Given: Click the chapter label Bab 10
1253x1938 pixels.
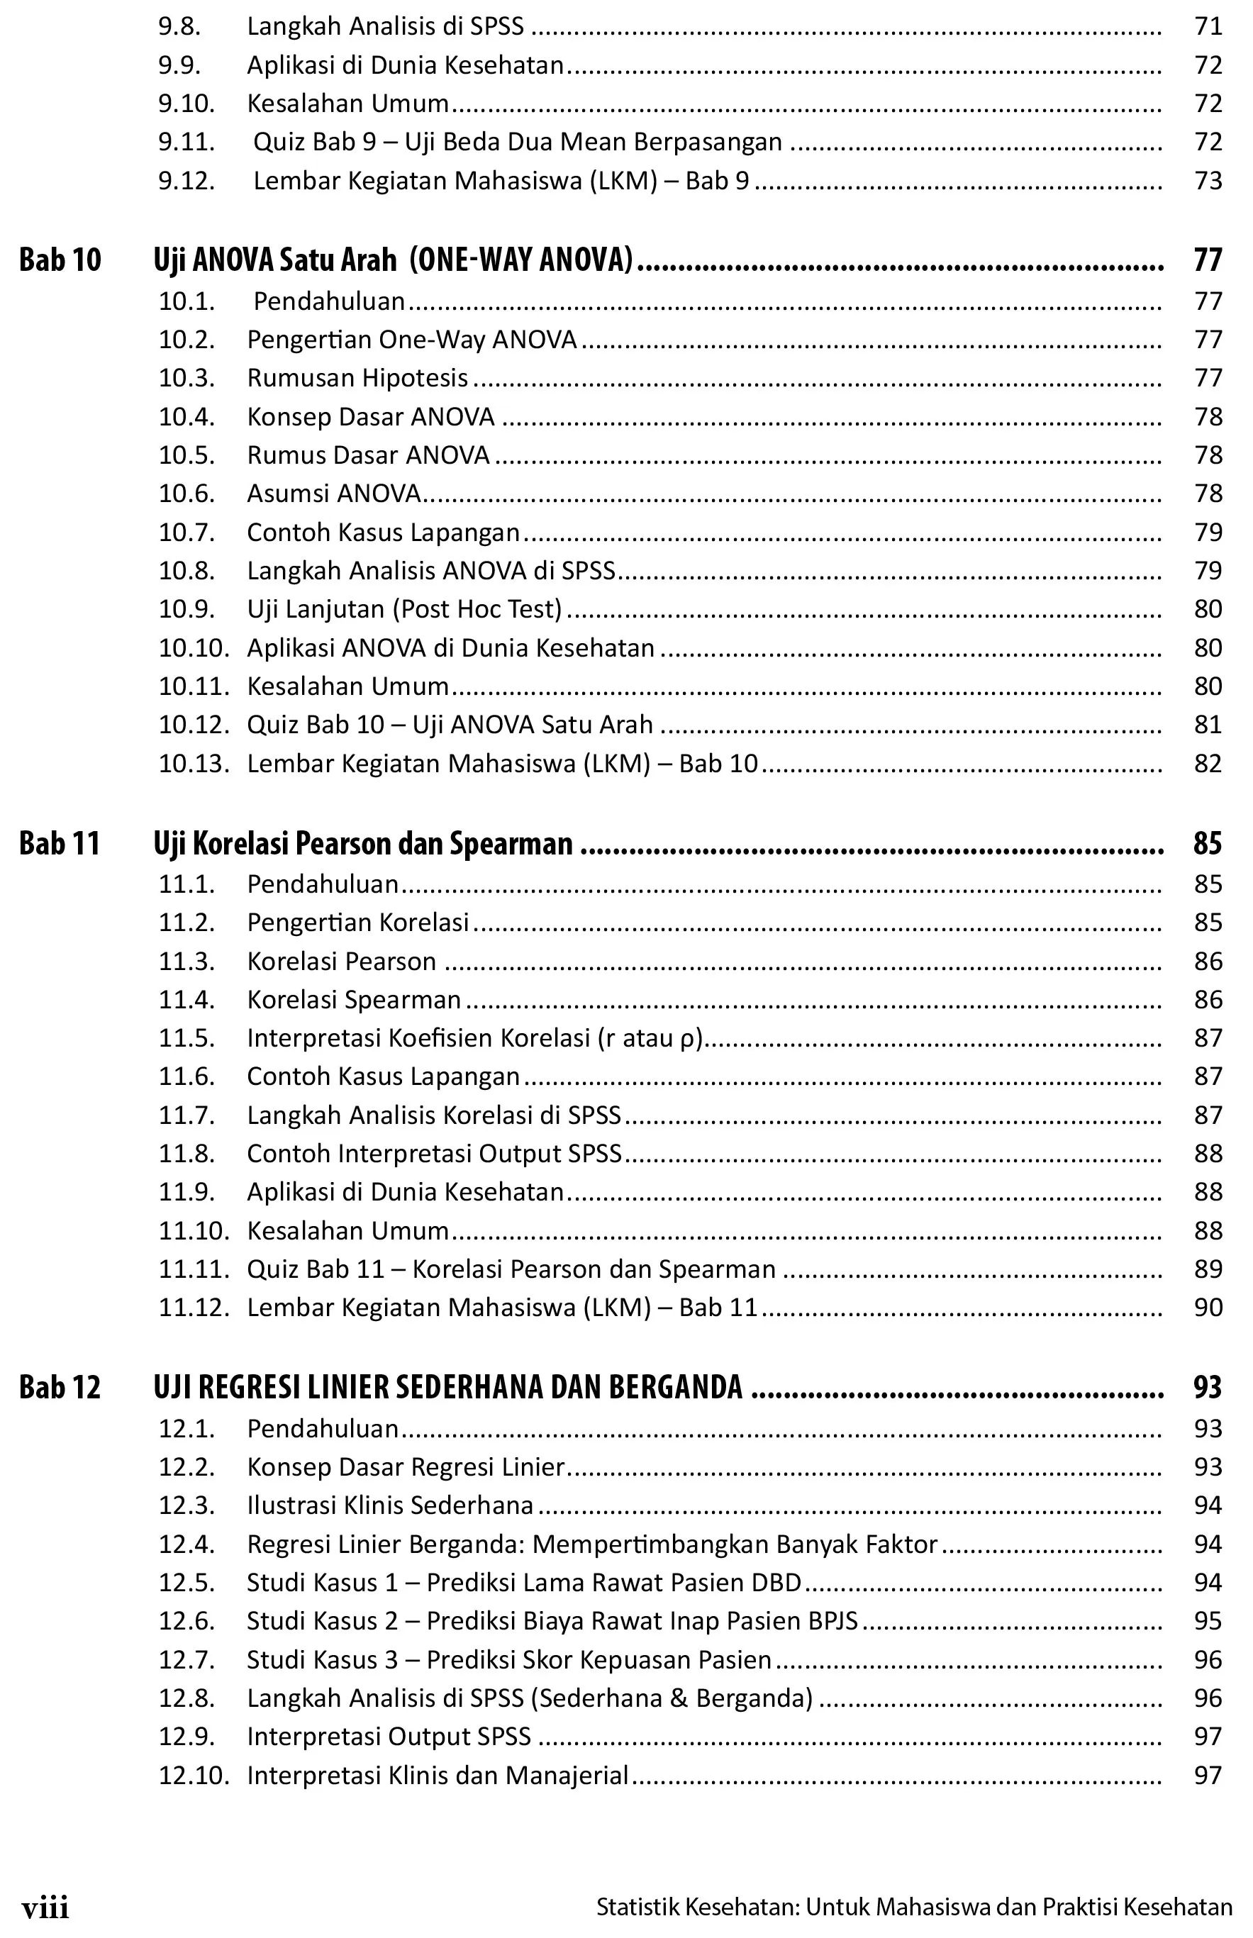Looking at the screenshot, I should [x=60, y=260].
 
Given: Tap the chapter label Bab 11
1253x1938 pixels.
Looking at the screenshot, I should [x=60, y=843].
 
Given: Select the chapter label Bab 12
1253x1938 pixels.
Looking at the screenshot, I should [x=60, y=1387].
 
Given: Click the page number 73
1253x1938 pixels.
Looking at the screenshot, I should [x=1208, y=181].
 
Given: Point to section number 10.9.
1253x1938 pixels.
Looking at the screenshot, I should [x=186, y=609].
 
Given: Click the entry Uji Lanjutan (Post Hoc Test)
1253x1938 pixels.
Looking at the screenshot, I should [x=404, y=609].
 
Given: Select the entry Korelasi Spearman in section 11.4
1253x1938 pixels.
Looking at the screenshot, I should [x=354, y=999].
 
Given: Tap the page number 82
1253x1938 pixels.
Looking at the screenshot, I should [x=1208, y=763].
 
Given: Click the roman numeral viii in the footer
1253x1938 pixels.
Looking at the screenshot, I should [x=45, y=1909].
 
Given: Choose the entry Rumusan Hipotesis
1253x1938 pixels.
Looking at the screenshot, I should [x=357, y=379].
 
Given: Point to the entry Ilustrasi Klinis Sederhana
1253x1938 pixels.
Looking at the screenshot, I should [x=390, y=1505].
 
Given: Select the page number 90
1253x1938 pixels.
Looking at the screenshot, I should [x=1208, y=1308].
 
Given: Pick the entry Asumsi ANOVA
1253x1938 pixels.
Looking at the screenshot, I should [x=333, y=494].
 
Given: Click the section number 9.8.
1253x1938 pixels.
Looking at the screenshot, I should [x=179, y=27].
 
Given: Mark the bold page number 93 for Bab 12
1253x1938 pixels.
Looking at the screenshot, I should [x=1208, y=1387].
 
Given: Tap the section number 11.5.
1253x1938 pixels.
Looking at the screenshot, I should [x=186, y=1038].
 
